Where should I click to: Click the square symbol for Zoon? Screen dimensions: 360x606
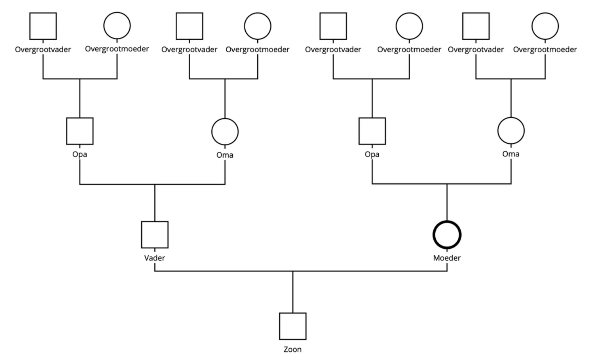[x=292, y=326]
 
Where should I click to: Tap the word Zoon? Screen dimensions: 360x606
[x=292, y=349]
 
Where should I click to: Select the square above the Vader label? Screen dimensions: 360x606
[x=155, y=235]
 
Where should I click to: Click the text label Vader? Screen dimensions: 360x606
[x=155, y=258]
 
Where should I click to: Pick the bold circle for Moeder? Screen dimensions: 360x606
[x=447, y=235]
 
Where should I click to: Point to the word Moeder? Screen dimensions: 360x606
[x=447, y=258]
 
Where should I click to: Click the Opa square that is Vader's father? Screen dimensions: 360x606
[x=80, y=131]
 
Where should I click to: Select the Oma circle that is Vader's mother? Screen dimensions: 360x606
[x=225, y=132]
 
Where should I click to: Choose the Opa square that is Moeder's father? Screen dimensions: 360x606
[x=372, y=131]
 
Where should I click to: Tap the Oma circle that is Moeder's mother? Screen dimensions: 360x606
[x=511, y=131]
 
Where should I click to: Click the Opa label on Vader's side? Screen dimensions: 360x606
[x=80, y=154]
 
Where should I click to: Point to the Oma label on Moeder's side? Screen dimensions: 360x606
[x=511, y=154]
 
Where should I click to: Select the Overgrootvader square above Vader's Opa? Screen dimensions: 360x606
[x=43, y=26]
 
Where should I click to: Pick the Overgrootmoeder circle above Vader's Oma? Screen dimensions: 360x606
[x=258, y=26]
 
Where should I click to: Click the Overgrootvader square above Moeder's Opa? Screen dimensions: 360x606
[x=333, y=26]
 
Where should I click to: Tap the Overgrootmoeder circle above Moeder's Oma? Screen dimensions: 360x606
[x=545, y=26]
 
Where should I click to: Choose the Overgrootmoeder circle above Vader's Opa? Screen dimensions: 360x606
[x=117, y=26]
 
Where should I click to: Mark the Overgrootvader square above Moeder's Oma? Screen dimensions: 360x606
[x=476, y=26]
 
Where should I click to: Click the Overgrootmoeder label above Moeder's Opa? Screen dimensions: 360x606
[x=409, y=50]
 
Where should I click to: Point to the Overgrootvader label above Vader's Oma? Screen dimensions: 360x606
[x=189, y=50]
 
